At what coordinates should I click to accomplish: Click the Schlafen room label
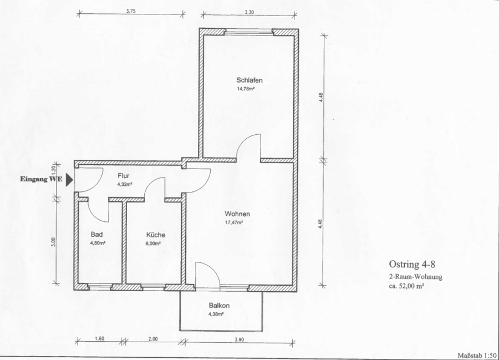pyautogui.click(x=249, y=80)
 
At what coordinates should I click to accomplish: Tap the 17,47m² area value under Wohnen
pyautogui.click(x=234, y=222)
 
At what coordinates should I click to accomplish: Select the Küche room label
pyautogui.click(x=156, y=235)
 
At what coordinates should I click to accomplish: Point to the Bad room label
pyautogui.click(x=96, y=234)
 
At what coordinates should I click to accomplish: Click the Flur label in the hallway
pyautogui.click(x=124, y=176)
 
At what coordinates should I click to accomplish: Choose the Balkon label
pyautogui.click(x=219, y=306)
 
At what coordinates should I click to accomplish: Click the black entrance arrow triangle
pyautogui.click(x=69, y=180)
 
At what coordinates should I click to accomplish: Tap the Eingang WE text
pyautogui.click(x=41, y=179)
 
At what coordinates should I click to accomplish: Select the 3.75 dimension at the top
pyautogui.click(x=131, y=11)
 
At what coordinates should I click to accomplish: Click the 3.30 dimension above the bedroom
pyautogui.click(x=249, y=12)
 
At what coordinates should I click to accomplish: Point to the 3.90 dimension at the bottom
pyautogui.click(x=239, y=339)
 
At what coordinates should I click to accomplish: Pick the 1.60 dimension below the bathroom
pyautogui.click(x=99, y=338)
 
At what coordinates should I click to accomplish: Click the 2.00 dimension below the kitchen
pyautogui.click(x=153, y=339)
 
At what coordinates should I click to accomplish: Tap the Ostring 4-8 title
pyautogui.click(x=412, y=264)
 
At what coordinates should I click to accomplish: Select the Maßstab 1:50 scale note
pyautogui.click(x=477, y=355)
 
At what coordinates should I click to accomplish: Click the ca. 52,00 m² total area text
pyautogui.click(x=406, y=286)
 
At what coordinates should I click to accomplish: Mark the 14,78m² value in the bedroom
pyautogui.click(x=246, y=89)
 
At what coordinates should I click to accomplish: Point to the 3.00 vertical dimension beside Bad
pyautogui.click(x=53, y=242)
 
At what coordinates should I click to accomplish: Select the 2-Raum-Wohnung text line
pyautogui.click(x=416, y=277)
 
